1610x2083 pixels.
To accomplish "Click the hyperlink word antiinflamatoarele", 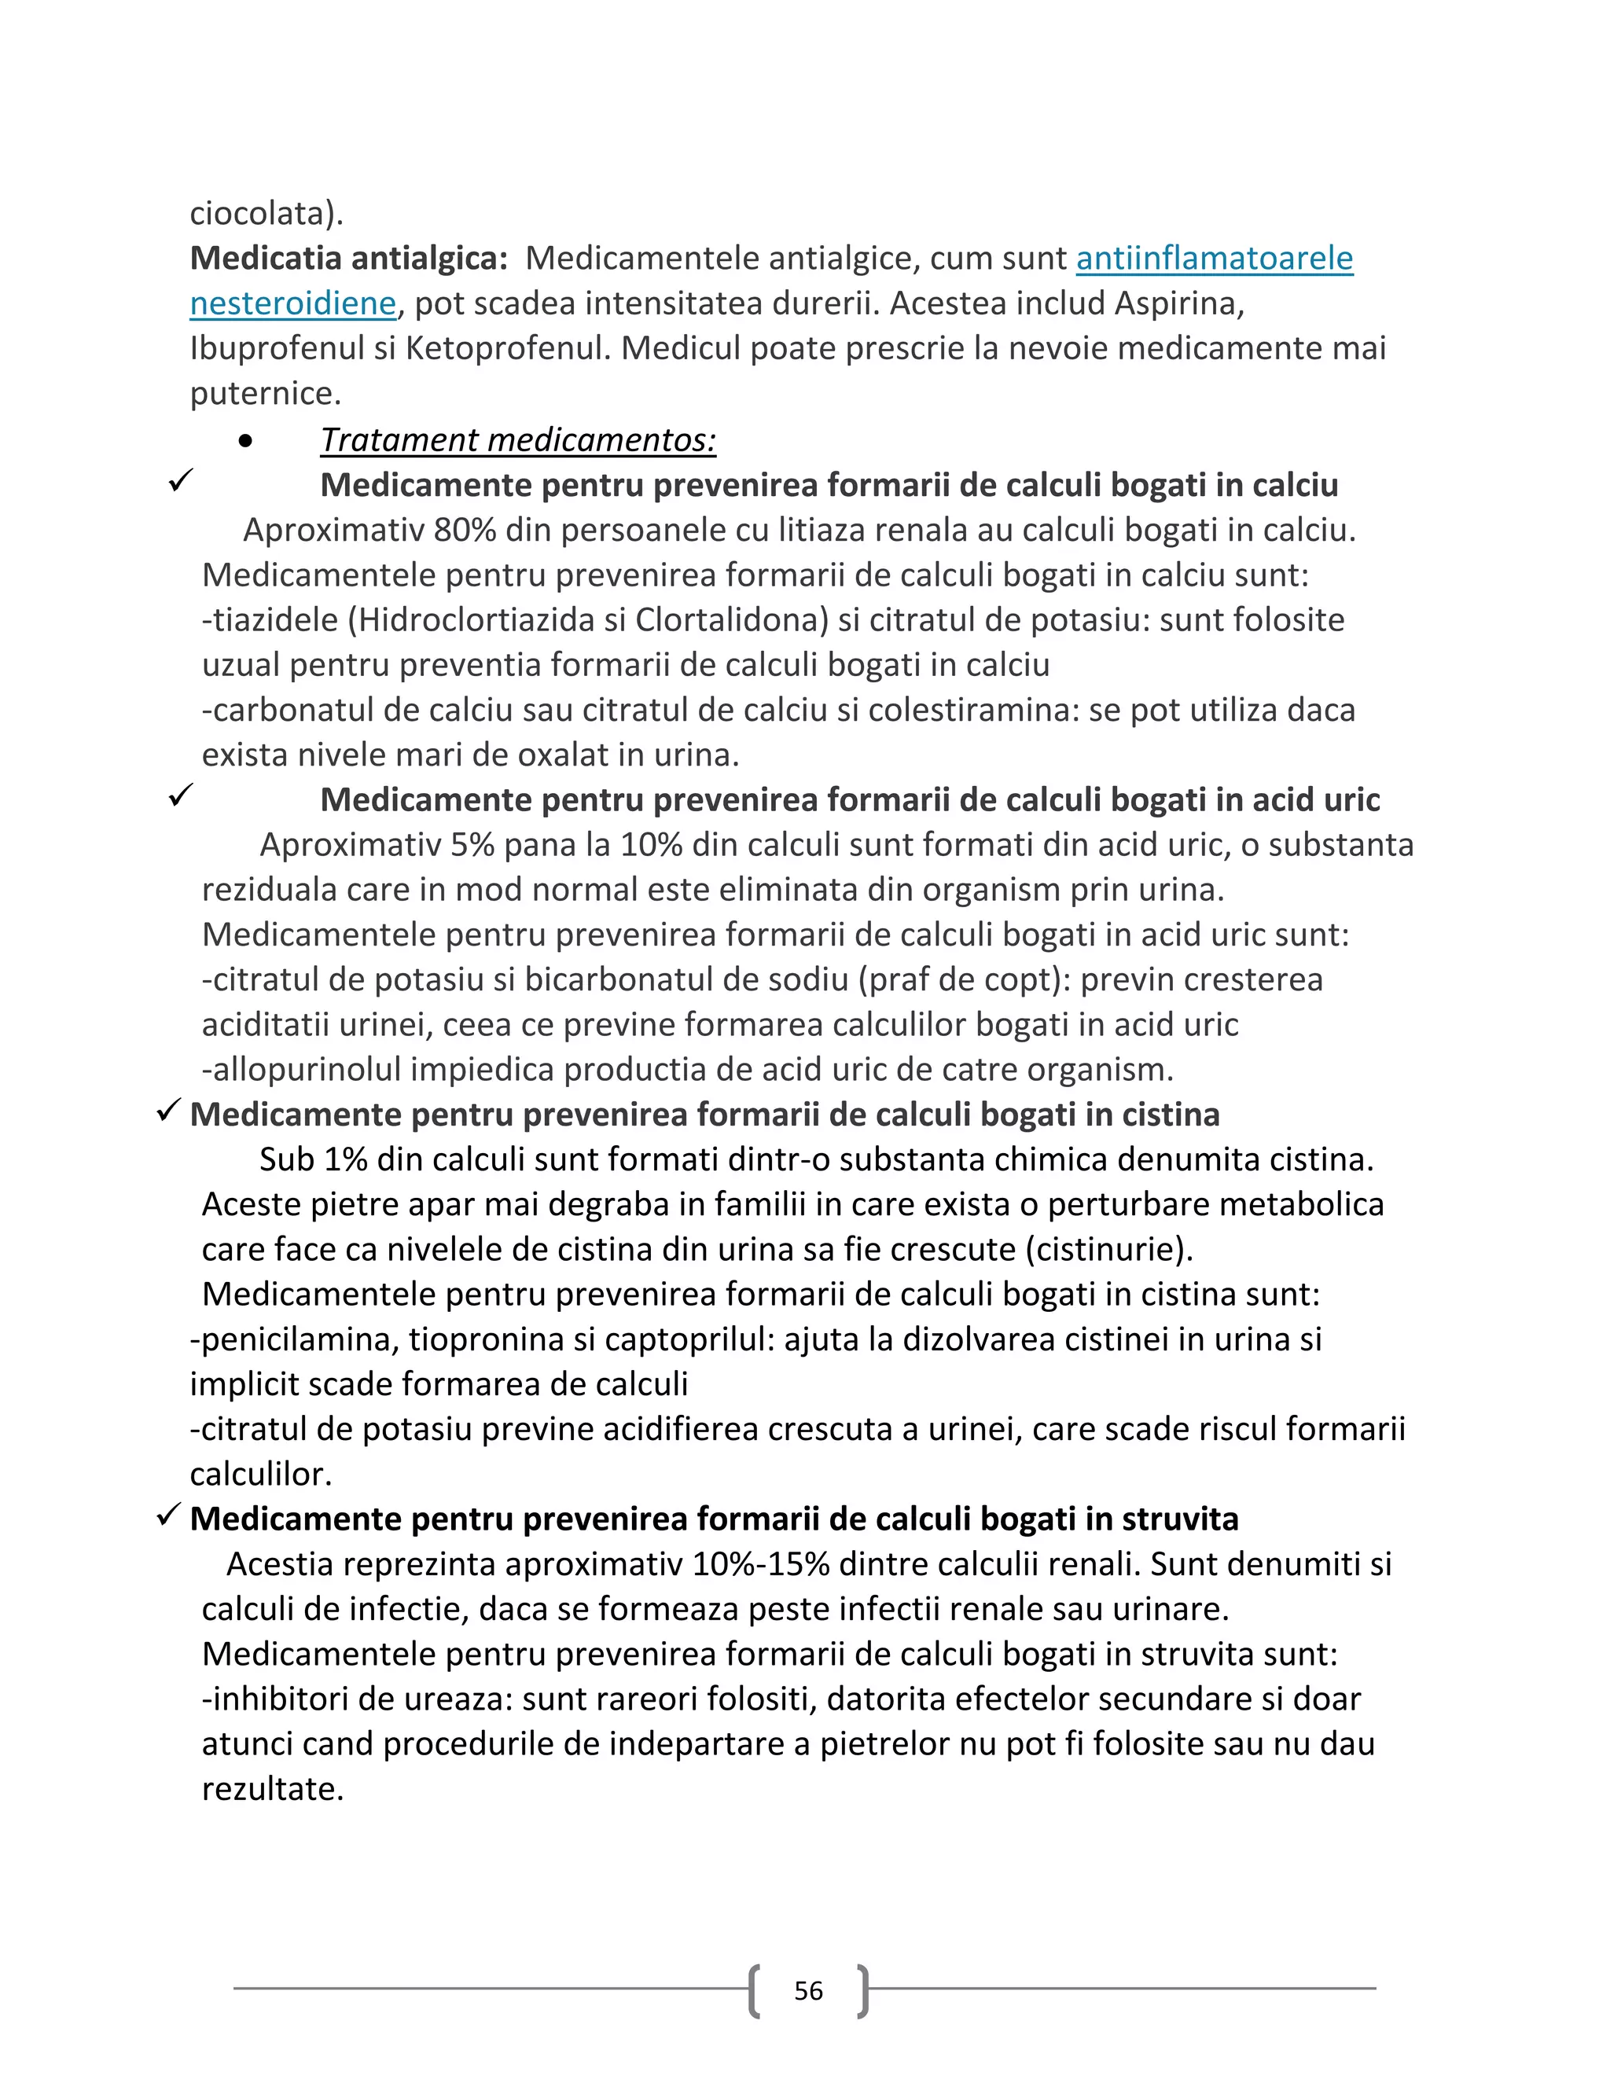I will [x=1214, y=259].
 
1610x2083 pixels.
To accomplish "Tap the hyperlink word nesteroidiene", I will [x=292, y=303].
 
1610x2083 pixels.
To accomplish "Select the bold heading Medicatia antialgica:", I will [x=349, y=259].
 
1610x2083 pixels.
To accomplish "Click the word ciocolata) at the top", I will [x=266, y=213].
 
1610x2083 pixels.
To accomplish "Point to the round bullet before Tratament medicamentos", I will [x=246, y=441].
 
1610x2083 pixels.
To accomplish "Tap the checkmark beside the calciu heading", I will [x=180, y=481].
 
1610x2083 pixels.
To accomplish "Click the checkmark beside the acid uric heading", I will [x=180, y=795].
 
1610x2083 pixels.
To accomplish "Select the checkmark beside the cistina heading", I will [x=169, y=1110].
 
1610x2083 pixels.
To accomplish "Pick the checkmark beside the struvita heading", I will [x=169, y=1515].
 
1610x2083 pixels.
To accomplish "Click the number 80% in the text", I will [x=465, y=531].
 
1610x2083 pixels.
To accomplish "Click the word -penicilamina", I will [x=295, y=1339].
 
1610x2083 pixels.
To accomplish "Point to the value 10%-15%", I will [x=761, y=1564].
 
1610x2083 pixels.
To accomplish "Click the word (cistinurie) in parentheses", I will [x=1109, y=1250].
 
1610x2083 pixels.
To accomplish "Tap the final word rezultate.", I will [x=272, y=1788].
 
